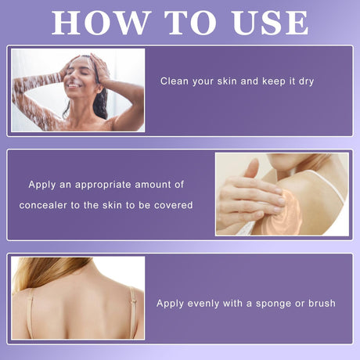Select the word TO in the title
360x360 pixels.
(x=190, y=23)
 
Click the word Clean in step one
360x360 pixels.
(x=175, y=81)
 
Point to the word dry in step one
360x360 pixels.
(x=306, y=82)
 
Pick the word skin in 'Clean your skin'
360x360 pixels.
(x=228, y=81)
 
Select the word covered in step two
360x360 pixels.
(x=174, y=205)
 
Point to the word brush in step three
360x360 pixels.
(x=322, y=303)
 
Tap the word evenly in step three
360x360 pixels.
(x=203, y=304)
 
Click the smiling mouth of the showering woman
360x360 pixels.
(x=74, y=85)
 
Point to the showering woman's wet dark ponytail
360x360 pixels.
(x=100, y=103)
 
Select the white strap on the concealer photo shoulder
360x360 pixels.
(x=328, y=183)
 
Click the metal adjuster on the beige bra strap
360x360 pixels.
(x=134, y=301)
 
